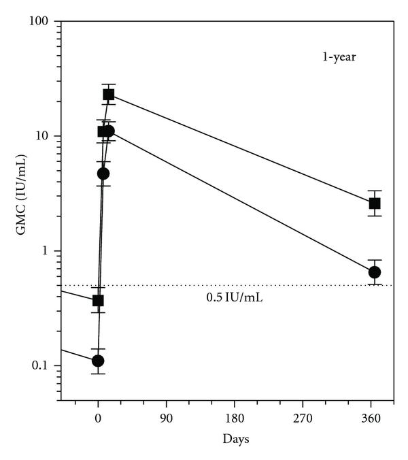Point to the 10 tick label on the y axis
tap(46, 136)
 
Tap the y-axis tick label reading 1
tap(48, 251)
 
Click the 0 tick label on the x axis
tap(98, 417)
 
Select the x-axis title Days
tap(235, 439)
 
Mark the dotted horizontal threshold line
tap(204, 285)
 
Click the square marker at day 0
tap(98, 300)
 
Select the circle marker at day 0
tap(98, 361)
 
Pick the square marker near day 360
tap(374, 203)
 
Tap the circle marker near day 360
tap(374, 272)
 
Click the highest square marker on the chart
tap(109, 95)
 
